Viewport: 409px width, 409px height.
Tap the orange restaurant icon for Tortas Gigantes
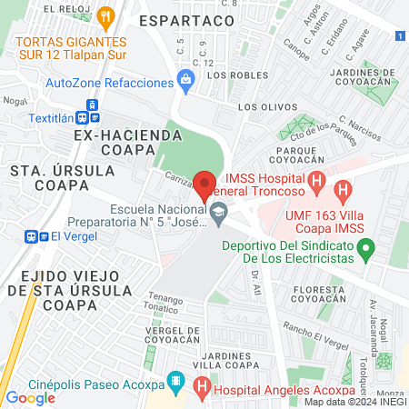point(106,15)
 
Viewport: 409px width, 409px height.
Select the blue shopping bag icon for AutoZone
point(186,81)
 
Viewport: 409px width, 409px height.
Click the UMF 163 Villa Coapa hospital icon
point(343,192)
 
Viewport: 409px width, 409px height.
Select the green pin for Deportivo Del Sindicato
point(365,246)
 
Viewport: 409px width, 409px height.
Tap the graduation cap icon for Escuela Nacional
point(218,214)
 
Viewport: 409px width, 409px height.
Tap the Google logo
point(30,397)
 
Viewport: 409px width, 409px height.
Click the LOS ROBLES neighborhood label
point(236,75)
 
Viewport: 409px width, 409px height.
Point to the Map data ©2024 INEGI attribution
point(354,402)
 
